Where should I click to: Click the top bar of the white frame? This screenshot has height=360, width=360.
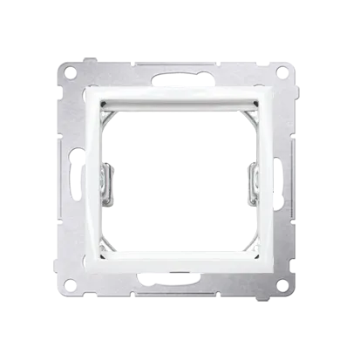[180, 95]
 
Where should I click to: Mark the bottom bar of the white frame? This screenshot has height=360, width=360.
[180, 264]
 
